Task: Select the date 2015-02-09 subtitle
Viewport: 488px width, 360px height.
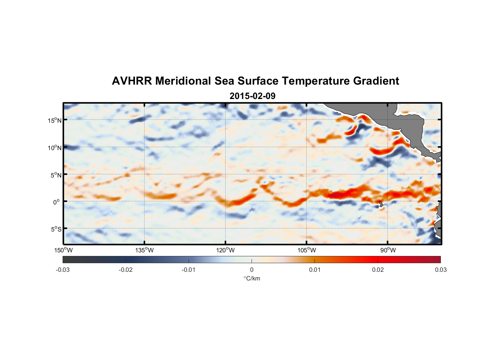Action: [252, 96]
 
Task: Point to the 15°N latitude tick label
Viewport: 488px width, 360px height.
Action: [55, 120]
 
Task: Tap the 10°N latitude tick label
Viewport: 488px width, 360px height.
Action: [55, 148]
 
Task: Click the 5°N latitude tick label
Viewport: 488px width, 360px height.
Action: [56, 175]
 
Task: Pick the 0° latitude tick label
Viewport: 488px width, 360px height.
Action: [57, 202]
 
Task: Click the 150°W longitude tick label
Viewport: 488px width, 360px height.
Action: [63, 250]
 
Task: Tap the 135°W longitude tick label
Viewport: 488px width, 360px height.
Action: [144, 250]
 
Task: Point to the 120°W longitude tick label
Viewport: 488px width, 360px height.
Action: [225, 250]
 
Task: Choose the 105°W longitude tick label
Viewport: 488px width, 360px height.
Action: [307, 250]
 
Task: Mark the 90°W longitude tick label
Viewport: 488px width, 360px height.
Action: [388, 250]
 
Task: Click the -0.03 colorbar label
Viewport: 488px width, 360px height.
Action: [63, 270]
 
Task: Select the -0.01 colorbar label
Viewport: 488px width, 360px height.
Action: [189, 270]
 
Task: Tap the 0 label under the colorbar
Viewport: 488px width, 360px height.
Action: [252, 270]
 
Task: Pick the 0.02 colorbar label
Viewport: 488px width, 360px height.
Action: [378, 270]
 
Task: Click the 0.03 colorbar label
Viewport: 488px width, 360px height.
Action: [440, 270]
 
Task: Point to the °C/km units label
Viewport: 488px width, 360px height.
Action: [252, 278]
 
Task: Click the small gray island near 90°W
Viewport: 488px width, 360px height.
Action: [381, 204]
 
